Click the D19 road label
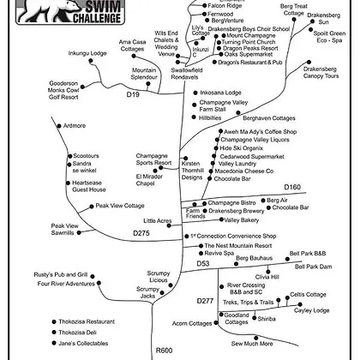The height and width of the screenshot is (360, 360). click(133, 94)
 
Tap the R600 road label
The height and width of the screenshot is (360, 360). click(164, 351)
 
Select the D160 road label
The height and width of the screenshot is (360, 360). click(292, 187)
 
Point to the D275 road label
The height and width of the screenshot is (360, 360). click(141, 233)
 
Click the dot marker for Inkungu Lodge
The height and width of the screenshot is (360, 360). click(91, 61)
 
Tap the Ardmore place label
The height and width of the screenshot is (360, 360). click(75, 126)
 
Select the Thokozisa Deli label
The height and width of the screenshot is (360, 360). click(77, 333)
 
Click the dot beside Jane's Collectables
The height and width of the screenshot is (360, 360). click(54, 343)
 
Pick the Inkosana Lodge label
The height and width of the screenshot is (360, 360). click(220, 93)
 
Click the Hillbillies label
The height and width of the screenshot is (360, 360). click(210, 118)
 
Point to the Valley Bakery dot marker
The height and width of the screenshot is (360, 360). click(221, 219)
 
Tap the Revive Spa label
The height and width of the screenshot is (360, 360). click(219, 254)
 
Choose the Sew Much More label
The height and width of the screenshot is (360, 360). click(252, 344)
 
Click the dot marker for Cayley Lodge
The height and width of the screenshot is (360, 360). click(300, 304)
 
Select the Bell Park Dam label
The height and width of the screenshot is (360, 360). click(314, 267)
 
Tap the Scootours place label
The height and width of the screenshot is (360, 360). click(86, 156)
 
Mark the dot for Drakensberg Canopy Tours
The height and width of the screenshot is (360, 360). click(309, 62)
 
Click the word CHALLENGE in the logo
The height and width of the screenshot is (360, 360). click(97, 18)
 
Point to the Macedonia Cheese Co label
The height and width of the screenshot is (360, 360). click(244, 171)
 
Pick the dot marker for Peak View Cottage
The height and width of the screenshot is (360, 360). click(92, 207)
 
